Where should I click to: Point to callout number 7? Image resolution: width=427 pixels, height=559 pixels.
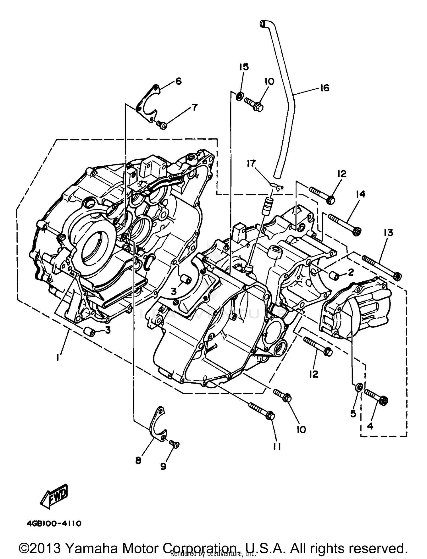tap(194, 107)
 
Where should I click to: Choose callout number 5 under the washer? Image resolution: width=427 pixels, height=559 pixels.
tap(353, 414)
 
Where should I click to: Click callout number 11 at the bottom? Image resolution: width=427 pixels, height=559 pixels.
tap(277, 447)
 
